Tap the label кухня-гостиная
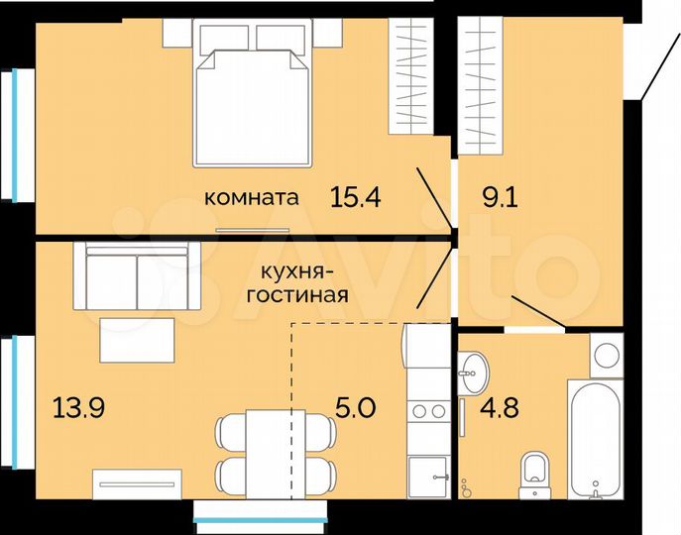(x=302, y=282)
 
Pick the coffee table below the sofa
(x=137, y=340)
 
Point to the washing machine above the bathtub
(x=605, y=353)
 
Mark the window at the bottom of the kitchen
(x=259, y=512)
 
